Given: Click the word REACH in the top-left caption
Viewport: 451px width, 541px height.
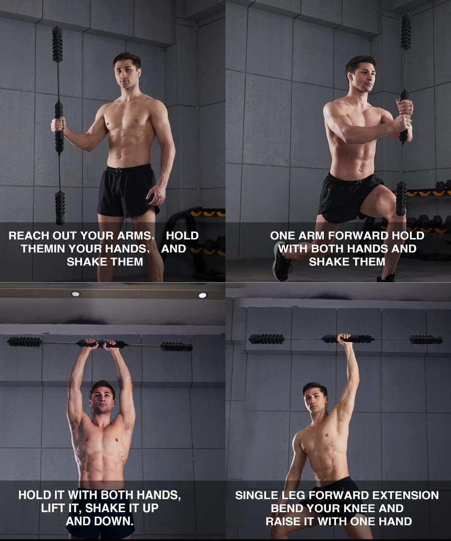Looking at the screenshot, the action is [29, 235].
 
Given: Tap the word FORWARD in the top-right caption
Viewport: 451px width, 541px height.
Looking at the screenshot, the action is [358, 235].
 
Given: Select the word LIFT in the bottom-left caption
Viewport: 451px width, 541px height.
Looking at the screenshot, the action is [51, 508].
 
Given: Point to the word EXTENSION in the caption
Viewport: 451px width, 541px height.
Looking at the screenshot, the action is [405, 495].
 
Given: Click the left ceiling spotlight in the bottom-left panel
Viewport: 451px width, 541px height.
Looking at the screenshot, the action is [75, 294].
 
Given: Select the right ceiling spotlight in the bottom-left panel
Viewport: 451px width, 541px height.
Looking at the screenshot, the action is [202, 295].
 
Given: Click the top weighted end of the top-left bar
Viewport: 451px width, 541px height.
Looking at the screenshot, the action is [57, 44].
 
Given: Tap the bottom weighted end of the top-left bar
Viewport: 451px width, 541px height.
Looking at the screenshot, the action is [60, 208].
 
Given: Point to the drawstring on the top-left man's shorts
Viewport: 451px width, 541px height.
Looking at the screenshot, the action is [119, 170].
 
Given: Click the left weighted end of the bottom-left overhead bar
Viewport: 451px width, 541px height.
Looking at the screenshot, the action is [25, 341].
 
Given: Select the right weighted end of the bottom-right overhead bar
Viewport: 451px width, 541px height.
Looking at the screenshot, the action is [426, 339].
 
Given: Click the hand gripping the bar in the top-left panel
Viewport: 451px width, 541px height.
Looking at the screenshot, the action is [58, 124].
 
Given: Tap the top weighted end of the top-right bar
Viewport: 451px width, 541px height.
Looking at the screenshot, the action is [406, 31].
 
